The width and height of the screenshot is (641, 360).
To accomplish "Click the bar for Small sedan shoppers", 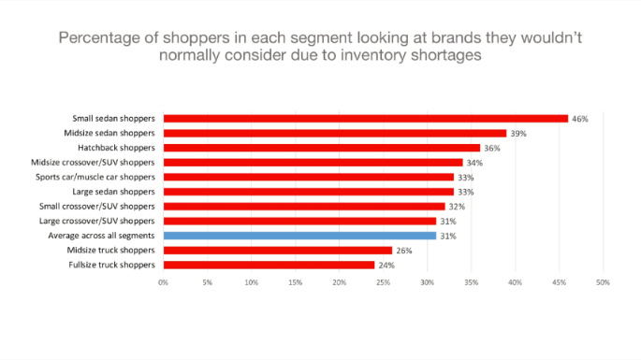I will tap(365, 119).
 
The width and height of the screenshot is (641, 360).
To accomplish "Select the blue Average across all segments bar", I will tap(299, 236).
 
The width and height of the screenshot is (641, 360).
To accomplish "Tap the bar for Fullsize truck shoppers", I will tap(269, 265).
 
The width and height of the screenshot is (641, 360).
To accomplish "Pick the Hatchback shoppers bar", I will tap(321, 148).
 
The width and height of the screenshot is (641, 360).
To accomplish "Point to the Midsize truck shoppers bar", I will tap(277, 250).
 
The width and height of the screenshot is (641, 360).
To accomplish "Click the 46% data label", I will tap(580, 119).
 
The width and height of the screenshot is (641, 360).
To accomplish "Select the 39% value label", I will tap(518, 134).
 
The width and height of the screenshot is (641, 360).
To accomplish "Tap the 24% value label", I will tap(386, 265).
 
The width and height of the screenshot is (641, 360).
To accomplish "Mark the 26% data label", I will tap(404, 250).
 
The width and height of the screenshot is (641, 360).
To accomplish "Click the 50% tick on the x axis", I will tap(603, 281).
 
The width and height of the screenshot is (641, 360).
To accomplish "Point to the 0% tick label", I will tap(163, 281).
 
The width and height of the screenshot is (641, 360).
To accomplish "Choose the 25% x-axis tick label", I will tap(383, 281).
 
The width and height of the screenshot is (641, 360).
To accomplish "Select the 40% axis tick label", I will tap(515, 281).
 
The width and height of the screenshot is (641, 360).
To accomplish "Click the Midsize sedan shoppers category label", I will tap(115, 134).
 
